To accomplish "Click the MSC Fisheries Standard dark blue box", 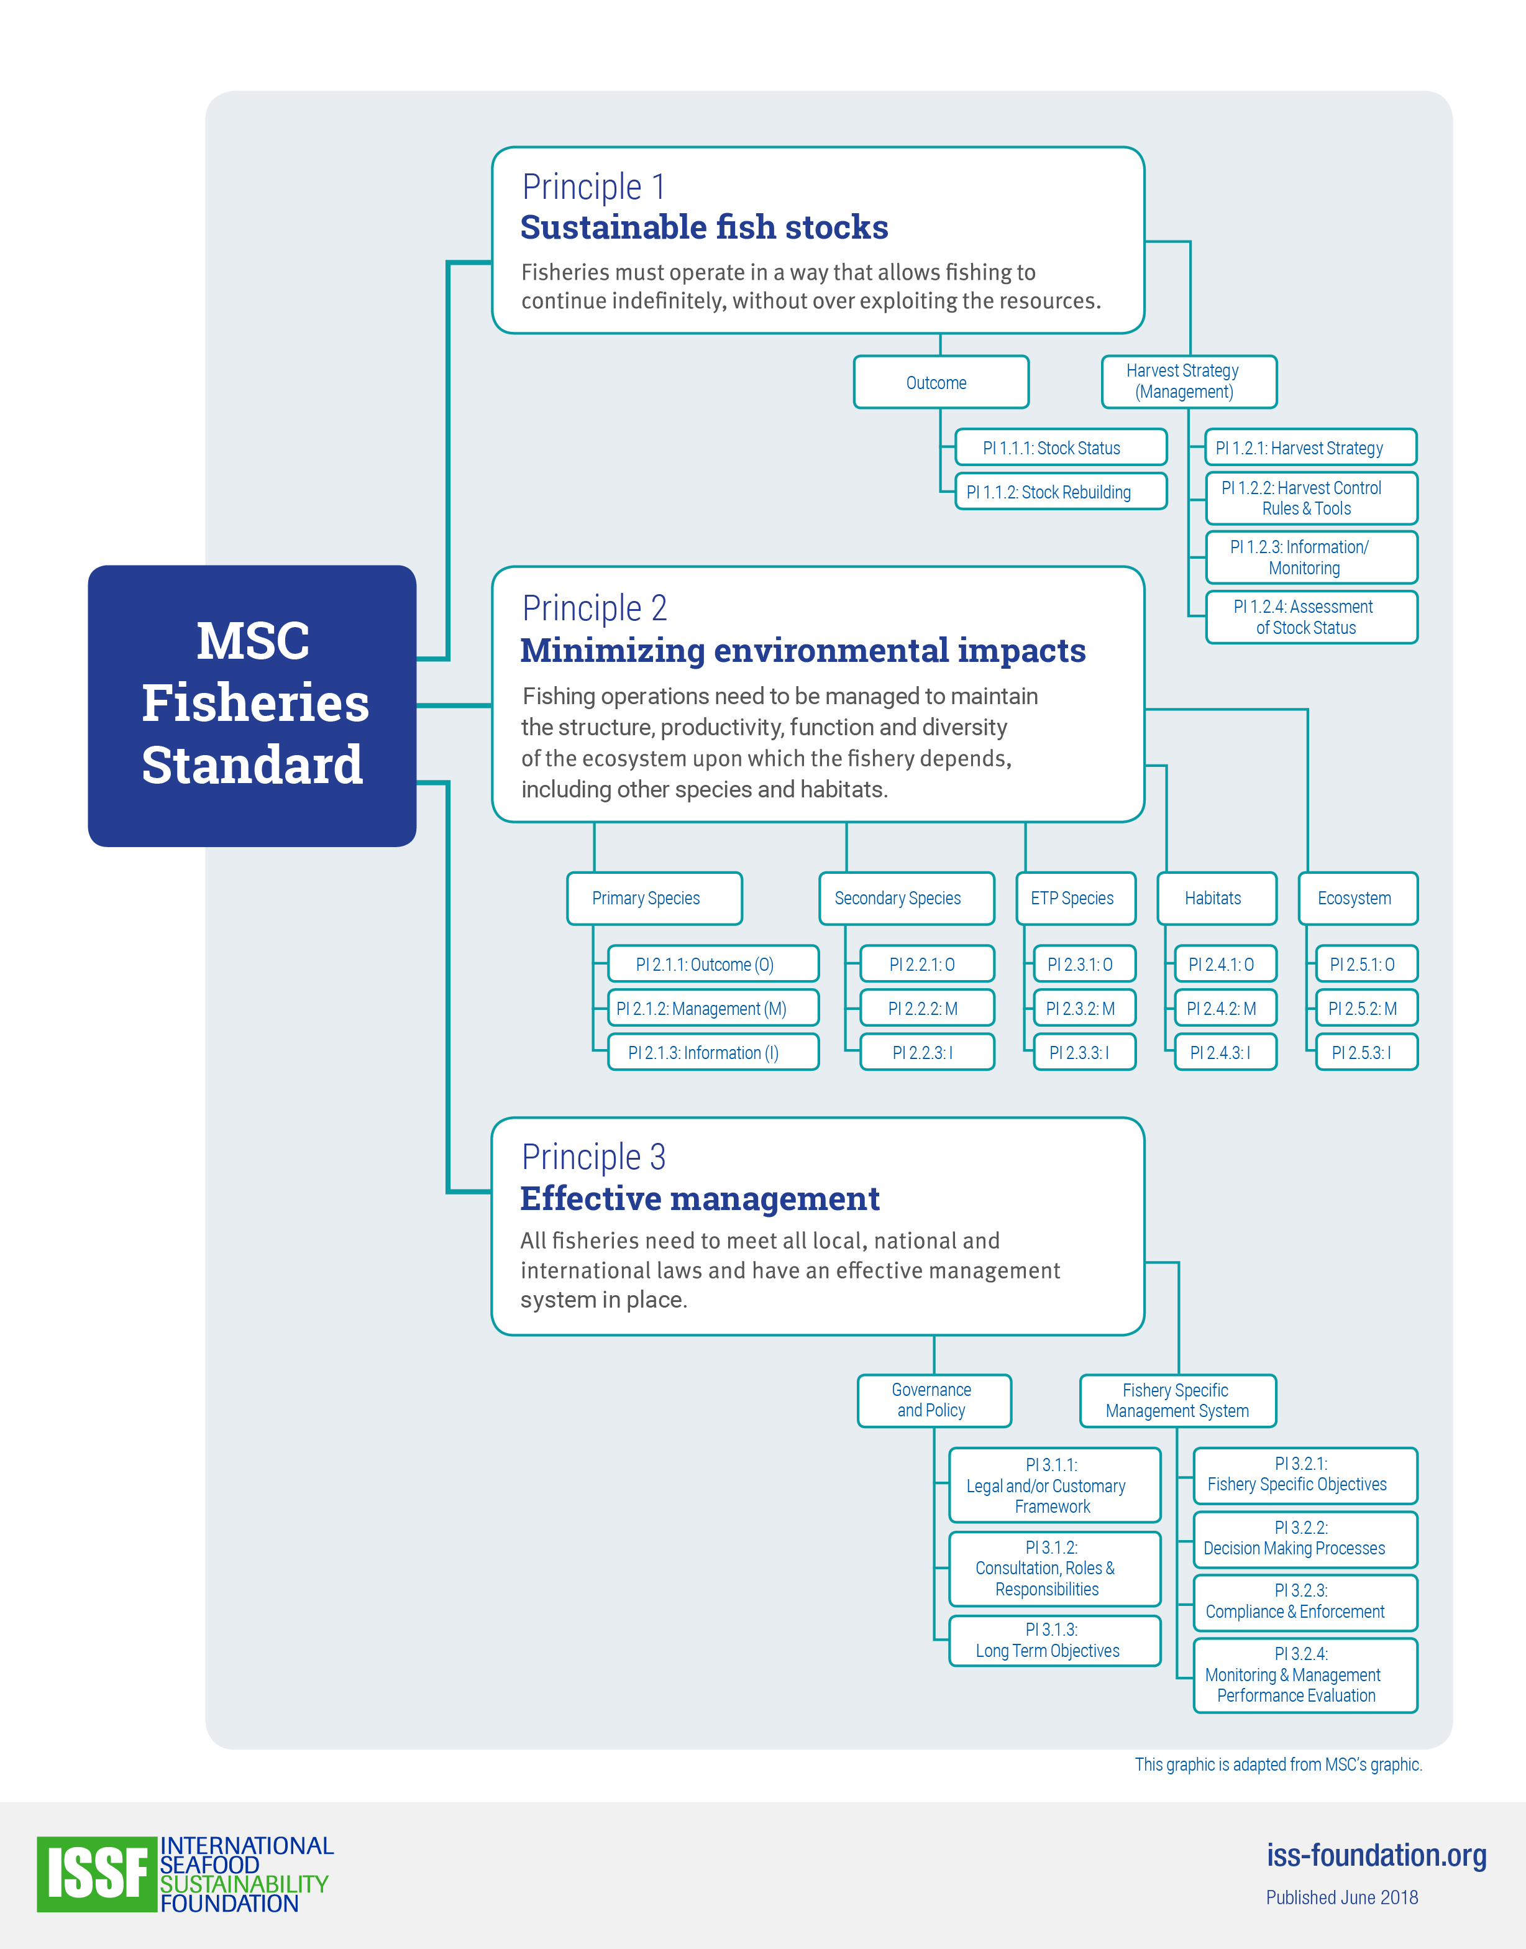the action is [252, 706].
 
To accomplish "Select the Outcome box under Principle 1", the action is [941, 382].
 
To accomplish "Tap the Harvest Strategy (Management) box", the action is [1189, 382].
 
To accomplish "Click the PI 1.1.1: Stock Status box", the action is [1061, 447].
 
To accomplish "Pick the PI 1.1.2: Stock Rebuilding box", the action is [1061, 492].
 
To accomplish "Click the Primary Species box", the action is [654, 898].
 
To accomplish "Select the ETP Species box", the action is [1076, 898].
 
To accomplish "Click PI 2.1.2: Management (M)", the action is [713, 1008].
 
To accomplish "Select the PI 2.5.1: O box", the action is [1367, 963].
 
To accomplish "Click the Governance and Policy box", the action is [934, 1400].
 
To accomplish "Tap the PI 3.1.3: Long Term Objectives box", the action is [1054, 1639].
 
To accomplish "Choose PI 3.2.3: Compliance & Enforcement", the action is [1305, 1602].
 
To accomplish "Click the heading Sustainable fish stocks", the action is [704, 227].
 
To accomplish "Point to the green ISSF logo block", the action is [96, 1874].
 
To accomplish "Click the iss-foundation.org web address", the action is [1376, 1855].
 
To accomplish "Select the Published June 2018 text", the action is [1342, 1897].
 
